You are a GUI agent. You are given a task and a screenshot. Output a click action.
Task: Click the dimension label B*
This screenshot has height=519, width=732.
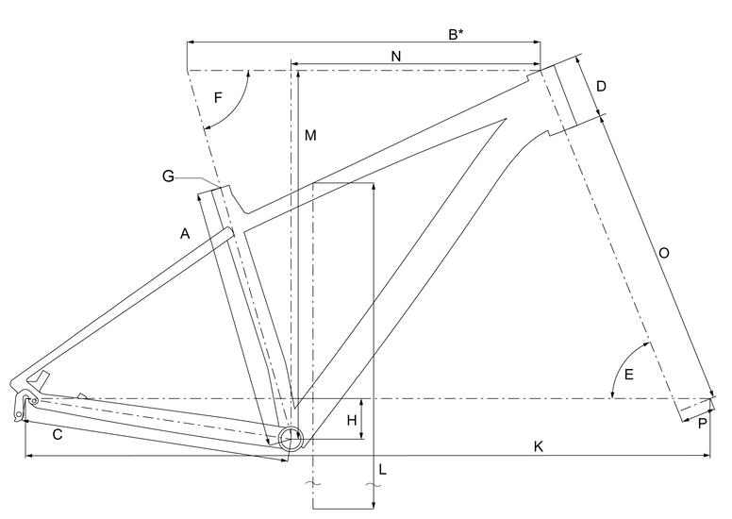coord(455,35)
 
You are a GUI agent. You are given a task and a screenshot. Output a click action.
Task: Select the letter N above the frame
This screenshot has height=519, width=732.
coord(396,57)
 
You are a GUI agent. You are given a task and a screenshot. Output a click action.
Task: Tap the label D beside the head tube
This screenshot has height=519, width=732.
coord(601,87)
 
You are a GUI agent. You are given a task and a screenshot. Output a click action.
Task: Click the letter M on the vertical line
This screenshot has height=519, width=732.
coord(309,136)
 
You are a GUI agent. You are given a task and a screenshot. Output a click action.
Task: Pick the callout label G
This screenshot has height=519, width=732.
coord(169,176)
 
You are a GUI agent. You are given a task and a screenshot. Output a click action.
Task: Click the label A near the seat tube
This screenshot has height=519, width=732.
coord(185,232)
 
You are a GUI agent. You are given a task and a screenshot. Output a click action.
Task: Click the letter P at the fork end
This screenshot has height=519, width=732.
coord(702,424)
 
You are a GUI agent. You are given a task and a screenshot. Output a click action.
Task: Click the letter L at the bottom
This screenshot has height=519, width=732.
coord(382,468)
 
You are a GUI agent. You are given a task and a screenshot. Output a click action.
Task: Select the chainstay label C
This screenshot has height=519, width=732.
coord(58,435)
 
